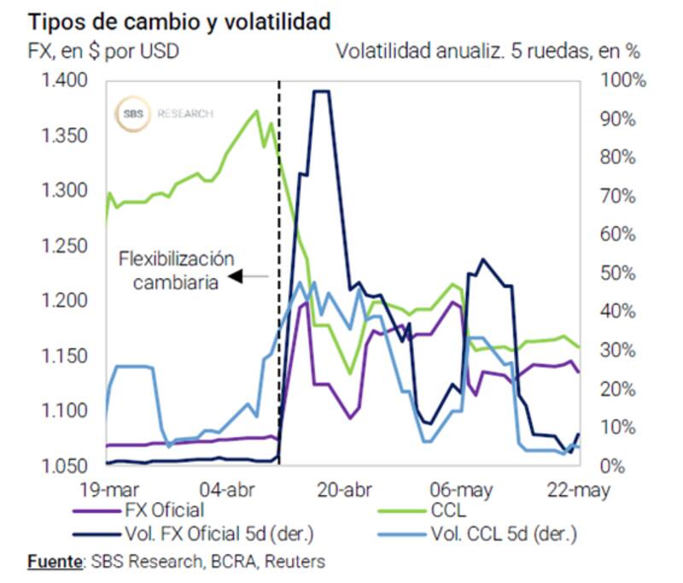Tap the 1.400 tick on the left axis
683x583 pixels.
pos(65,81)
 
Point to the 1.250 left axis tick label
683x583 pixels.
pos(65,247)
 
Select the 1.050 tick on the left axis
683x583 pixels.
pos(65,467)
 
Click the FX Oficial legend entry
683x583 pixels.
pos(162,511)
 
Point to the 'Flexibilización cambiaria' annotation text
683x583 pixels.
pos(176,268)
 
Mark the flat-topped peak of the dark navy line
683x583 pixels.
pos(321,91)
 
